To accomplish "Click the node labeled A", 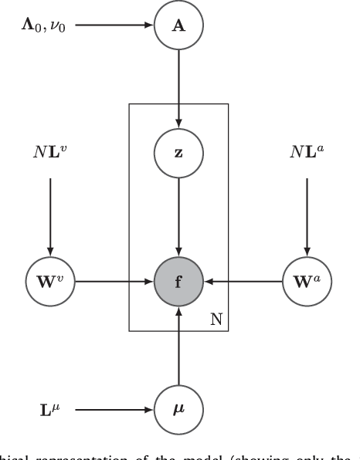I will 179,25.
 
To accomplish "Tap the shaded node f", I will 179,282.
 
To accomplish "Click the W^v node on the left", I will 51,282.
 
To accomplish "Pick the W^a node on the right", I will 307,282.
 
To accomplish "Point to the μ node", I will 179,404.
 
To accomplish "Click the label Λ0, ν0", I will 43,25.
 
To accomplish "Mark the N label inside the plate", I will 217,320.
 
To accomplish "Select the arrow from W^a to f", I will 243,282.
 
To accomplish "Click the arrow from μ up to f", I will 179,343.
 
